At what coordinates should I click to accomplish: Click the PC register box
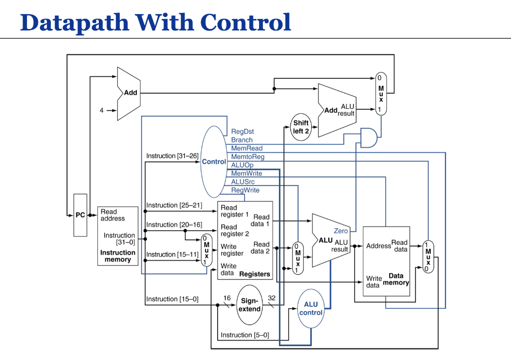[x=80, y=215]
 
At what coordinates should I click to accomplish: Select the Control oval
[x=214, y=162]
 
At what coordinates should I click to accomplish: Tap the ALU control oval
[x=311, y=309]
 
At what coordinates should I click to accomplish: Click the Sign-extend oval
[x=250, y=305]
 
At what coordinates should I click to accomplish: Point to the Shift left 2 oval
[x=301, y=127]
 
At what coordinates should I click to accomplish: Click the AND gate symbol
[x=369, y=137]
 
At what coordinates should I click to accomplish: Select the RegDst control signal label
[x=243, y=132]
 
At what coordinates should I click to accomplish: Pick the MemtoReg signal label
[x=248, y=157]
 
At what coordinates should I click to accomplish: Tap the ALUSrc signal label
[x=243, y=182]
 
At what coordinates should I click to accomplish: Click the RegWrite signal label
[x=245, y=190]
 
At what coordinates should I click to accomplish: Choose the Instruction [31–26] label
[x=172, y=156]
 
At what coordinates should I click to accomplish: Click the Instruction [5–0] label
[x=245, y=335]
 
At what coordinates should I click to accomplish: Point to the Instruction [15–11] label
[x=172, y=255]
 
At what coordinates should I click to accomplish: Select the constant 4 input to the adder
[x=102, y=110]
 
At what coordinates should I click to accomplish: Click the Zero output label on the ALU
[x=341, y=231]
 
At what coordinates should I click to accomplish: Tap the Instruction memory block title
[x=118, y=256]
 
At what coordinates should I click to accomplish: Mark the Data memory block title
[x=396, y=279]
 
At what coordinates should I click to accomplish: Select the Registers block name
[x=255, y=274]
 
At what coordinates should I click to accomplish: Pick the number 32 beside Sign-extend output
[x=271, y=298]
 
